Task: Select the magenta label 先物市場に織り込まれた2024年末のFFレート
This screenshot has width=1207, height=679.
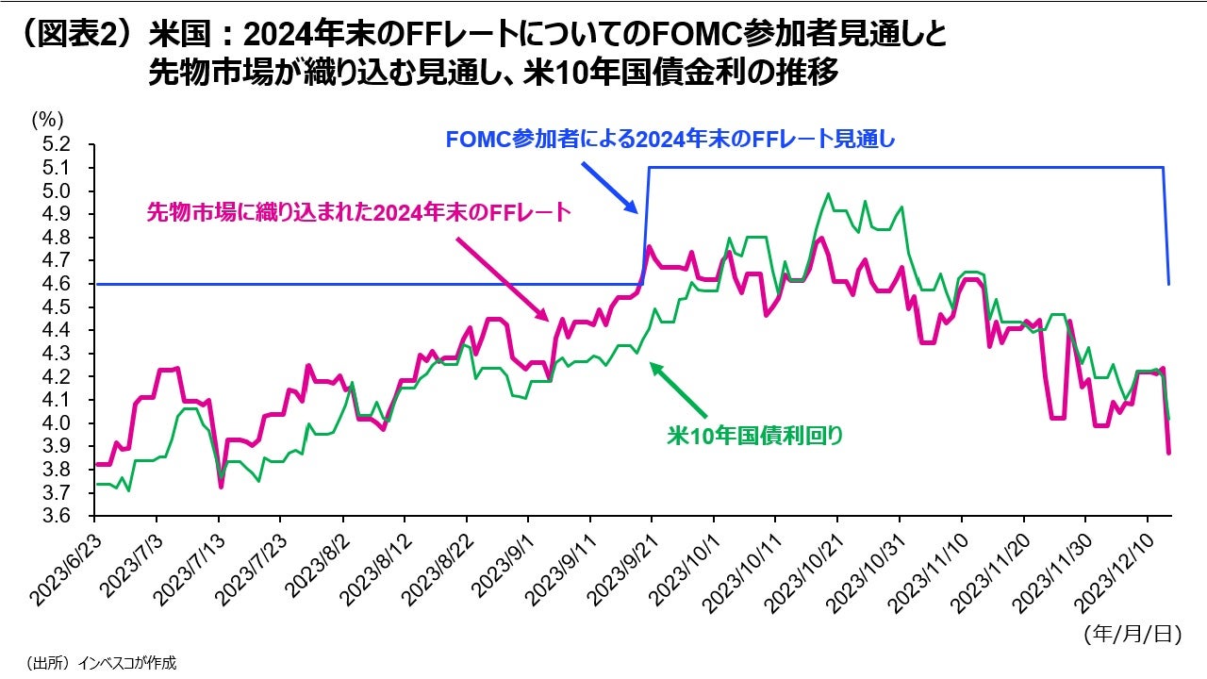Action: point(359,212)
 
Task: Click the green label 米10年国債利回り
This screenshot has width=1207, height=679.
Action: point(754,436)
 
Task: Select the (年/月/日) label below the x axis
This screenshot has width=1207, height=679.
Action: point(1132,634)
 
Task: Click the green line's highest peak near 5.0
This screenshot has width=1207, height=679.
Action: point(828,194)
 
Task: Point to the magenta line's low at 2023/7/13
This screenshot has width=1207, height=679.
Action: point(221,487)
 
